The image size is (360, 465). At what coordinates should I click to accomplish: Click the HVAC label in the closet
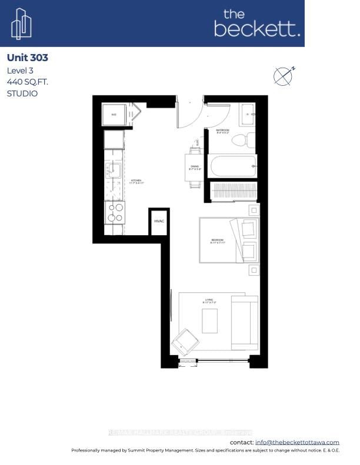[x=159, y=222]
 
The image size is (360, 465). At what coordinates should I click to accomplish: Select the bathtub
[x=234, y=166]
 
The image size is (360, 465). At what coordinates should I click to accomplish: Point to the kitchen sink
[x=114, y=171]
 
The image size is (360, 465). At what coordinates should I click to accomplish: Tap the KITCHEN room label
[x=136, y=181]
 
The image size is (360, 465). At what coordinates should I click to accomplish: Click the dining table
[x=194, y=168]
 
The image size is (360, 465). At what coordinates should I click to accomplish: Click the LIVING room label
[x=208, y=300]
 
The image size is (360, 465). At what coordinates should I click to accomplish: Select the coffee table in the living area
[x=209, y=320]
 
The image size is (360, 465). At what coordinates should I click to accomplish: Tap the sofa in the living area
[x=244, y=322]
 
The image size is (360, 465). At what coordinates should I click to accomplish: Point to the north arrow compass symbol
[x=283, y=76]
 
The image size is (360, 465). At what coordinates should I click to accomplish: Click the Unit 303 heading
[x=27, y=58]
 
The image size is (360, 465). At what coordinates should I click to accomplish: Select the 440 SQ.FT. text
[x=27, y=82]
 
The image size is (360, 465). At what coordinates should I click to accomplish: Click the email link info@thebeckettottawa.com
[x=297, y=442]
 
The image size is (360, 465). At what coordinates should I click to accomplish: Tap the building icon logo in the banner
[x=21, y=24]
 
